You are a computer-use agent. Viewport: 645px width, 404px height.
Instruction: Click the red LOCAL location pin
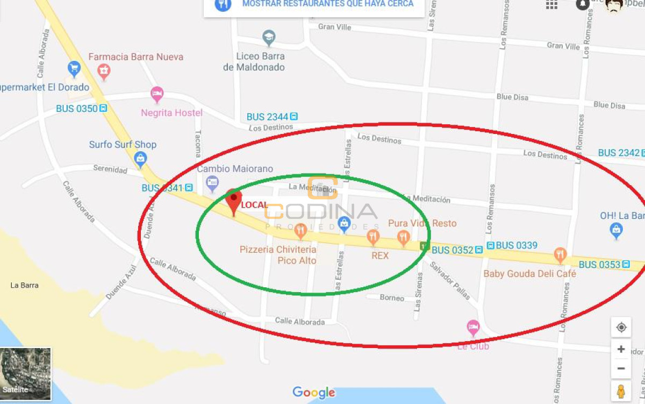pyautogui.click(x=233, y=200)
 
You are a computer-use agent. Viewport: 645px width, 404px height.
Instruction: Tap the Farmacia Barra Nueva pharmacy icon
pyautogui.click(x=104, y=70)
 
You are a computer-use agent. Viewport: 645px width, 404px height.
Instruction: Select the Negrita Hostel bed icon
pyautogui.click(x=157, y=95)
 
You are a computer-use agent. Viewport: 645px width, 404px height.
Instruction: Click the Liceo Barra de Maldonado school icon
pyautogui.click(x=268, y=38)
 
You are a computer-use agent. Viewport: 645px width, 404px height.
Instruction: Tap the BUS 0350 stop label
pyautogui.click(x=77, y=109)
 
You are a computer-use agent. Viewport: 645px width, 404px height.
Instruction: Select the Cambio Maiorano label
pyautogui.click(x=235, y=169)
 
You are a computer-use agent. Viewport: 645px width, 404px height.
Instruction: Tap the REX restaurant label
pyautogui.click(x=380, y=256)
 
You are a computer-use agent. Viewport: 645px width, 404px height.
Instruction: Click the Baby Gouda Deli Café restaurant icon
pyautogui.click(x=560, y=255)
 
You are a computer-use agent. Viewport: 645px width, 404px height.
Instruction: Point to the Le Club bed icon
pyautogui.click(x=473, y=327)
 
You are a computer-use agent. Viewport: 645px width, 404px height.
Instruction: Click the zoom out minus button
pyautogui.click(x=621, y=368)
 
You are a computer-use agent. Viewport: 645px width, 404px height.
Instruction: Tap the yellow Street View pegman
pyautogui.click(x=621, y=391)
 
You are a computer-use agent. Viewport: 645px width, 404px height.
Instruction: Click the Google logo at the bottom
pyautogui.click(x=314, y=393)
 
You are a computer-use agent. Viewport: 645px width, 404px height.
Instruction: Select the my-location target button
pyautogui.click(x=621, y=327)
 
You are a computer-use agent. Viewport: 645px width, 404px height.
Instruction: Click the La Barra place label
pyautogui.click(x=25, y=285)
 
